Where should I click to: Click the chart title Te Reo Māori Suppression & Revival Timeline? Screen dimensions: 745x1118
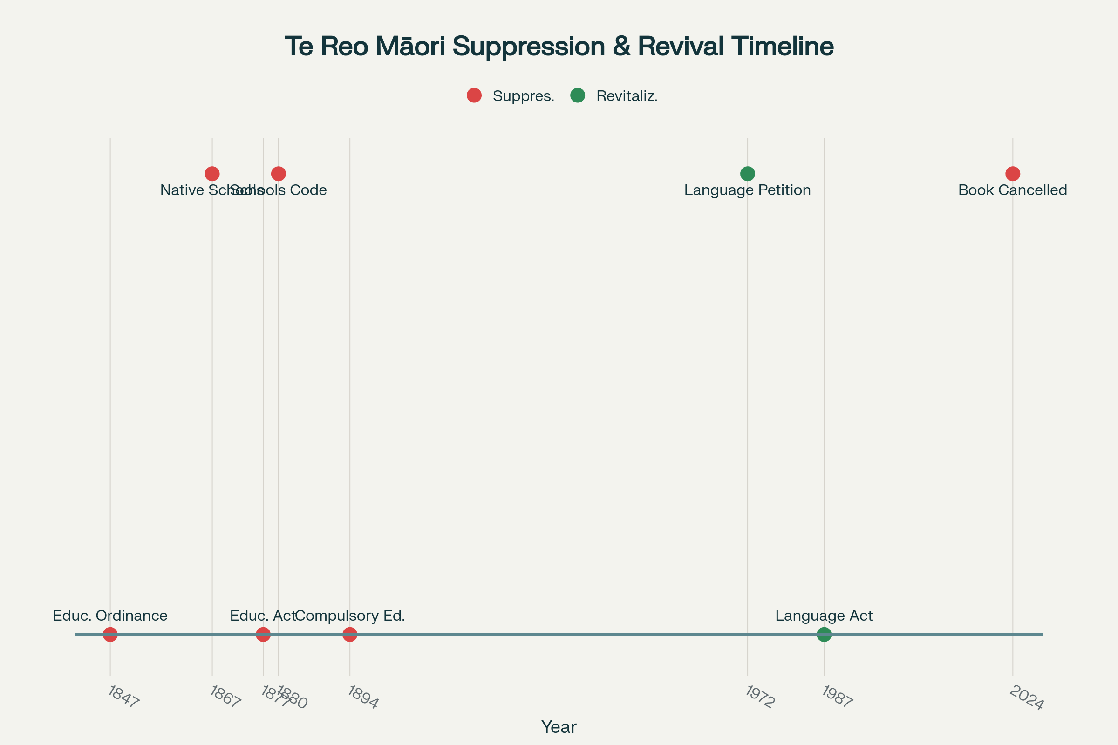coord(559,47)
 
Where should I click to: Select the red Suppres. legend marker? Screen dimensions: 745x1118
coord(474,95)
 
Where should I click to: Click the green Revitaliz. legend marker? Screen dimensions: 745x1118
coord(578,95)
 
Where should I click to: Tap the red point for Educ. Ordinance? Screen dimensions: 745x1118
coord(110,634)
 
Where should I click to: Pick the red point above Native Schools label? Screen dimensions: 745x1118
coord(212,174)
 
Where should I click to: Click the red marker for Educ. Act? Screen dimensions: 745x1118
coord(263,634)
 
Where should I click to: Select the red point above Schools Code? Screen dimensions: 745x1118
coord(279,174)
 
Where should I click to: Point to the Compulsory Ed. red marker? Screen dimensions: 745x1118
coord(350,634)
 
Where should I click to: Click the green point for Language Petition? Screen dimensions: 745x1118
coord(748,174)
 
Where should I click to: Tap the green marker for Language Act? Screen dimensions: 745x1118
coord(824,634)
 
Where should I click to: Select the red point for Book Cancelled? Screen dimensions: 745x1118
coord(1013,174)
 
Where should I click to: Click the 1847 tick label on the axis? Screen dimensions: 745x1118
coord(123,697)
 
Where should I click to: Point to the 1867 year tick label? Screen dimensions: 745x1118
coord(225,697)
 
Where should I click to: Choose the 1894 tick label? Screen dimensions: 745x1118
coord(363,697)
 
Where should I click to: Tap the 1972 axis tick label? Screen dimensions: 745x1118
coord(760,697)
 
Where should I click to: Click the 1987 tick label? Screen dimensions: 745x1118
coord(837,697)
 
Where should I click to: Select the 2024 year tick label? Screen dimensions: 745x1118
coord(1026,698)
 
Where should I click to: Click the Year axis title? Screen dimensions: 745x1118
coord(559,727)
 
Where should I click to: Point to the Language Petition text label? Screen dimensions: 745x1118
coord(747,190)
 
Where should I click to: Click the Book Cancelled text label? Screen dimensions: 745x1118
coord(1012,190)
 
